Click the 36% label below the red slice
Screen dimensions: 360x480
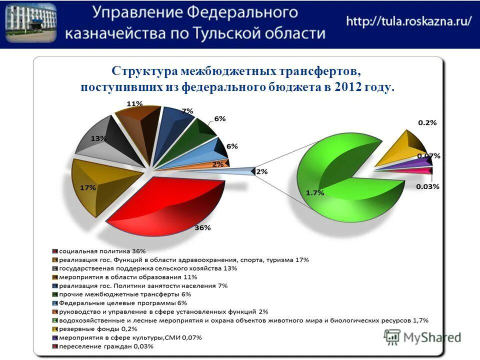[x=202, y=227]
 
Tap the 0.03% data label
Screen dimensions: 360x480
[x=427, y=186]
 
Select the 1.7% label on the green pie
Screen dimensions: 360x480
[x=315, y=192]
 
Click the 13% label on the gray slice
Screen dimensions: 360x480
[x=98, y=138]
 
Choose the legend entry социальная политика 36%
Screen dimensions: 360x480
[x=102, y=250]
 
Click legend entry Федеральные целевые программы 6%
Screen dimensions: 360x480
[x=122, y=302]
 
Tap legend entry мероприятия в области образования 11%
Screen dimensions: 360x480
[x=127, y=276]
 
